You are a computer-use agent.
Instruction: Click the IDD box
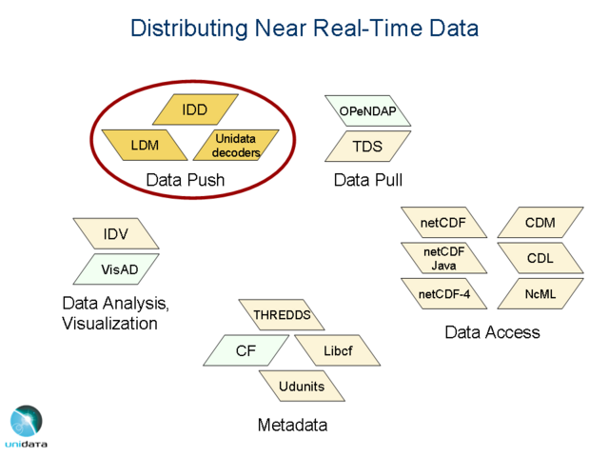point(195,109)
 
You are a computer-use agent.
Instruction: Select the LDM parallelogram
point(145,145)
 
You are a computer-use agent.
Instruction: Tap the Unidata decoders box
point(236,145)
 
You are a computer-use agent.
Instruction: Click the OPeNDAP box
point(368,110)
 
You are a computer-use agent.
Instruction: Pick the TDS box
point(368,146)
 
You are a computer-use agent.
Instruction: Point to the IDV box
point(116,233)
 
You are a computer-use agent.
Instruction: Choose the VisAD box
point(116,268)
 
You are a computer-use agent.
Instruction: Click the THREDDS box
point(282,315)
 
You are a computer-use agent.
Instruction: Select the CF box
point(246,350)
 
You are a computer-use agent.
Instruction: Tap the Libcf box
point(338,350)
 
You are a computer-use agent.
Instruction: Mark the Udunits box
point(302,386)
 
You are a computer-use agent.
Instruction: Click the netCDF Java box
point(444,258)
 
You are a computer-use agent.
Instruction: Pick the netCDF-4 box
point(444,294)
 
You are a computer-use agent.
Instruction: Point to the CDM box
point(540,222)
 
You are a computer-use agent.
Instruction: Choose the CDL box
point(540,258)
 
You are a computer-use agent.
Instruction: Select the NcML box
point(540,294)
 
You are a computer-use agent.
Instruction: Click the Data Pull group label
point(368,180)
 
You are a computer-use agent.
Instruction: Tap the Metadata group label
point(292,425)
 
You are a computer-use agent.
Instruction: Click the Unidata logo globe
point(27,421)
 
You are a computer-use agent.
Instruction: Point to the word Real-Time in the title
point(367,28)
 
